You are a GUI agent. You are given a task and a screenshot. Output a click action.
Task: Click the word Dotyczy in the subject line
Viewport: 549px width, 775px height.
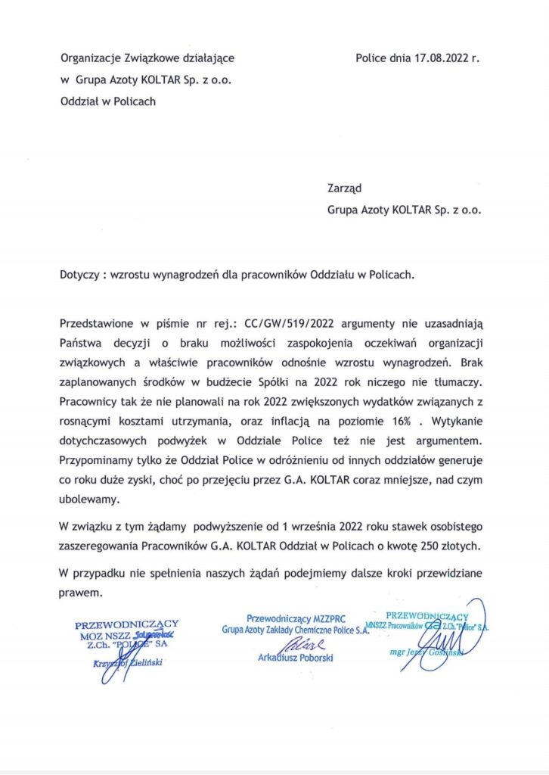[x=79, y=276]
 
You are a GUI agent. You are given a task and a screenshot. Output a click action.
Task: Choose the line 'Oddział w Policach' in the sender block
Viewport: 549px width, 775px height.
[x=108, y=101]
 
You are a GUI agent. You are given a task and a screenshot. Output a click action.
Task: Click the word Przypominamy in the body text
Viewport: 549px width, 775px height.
[x=95, y=459]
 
